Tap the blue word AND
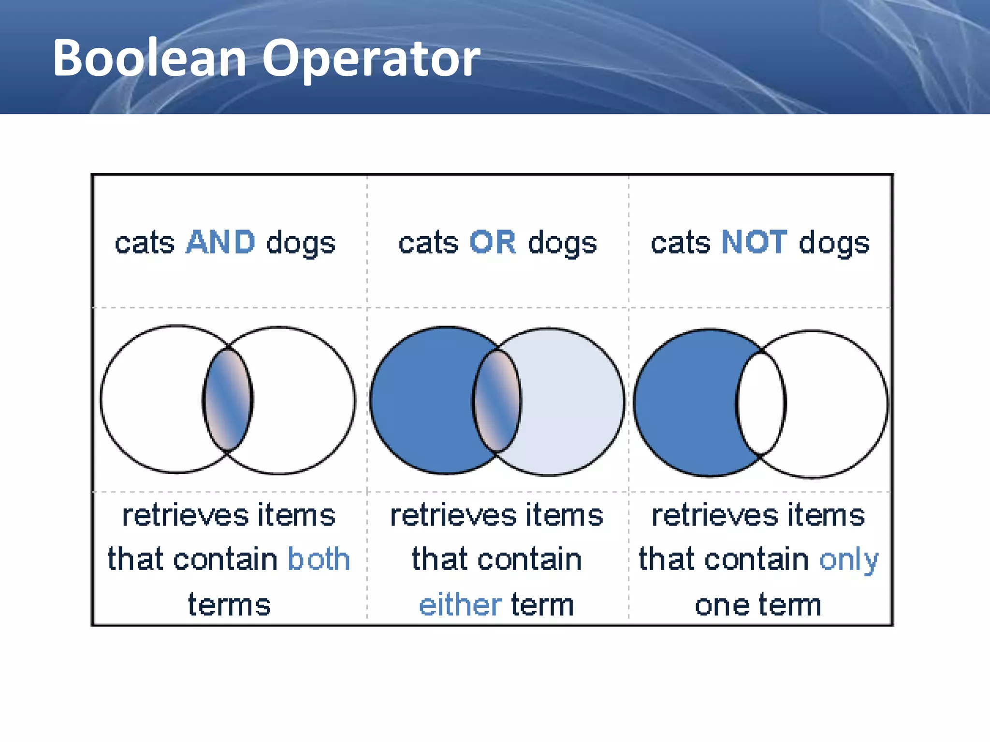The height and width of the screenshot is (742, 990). point(220,242)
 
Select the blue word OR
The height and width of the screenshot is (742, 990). point(493,242)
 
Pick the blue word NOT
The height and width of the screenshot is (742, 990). point(754,242)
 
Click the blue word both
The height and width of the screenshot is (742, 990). point(319,559)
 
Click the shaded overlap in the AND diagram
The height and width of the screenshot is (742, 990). point(228,400)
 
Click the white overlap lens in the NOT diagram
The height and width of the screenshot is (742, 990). point(761,403)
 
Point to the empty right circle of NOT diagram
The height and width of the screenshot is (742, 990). point(836,404)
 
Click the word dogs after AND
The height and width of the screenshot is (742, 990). point(301,243)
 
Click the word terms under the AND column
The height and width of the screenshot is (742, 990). point(229,605)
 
